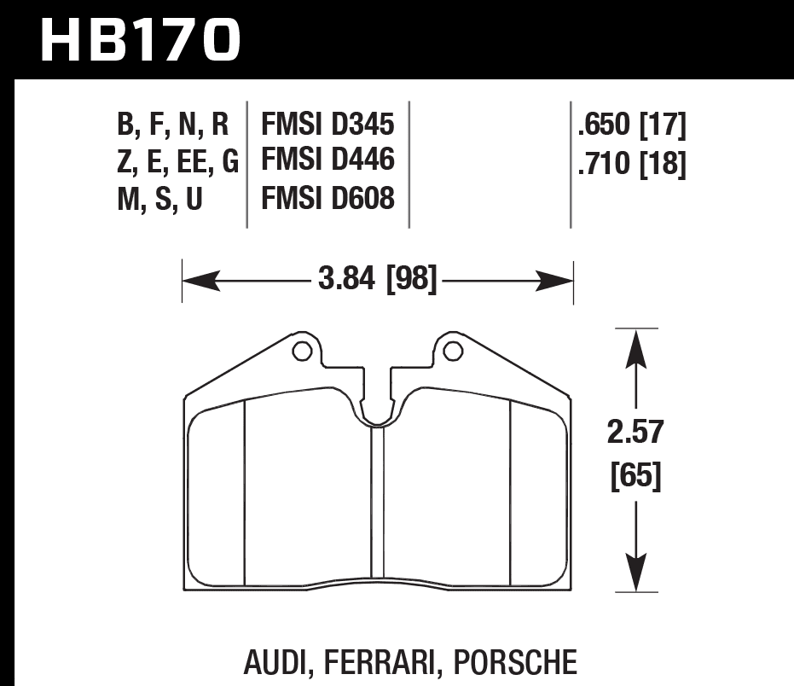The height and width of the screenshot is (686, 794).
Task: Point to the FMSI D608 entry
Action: (327, 199)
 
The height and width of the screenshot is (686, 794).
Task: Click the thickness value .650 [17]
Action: (631, 126)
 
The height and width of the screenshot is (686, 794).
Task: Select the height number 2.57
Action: (635, 433)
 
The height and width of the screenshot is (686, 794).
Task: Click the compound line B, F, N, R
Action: (172, 126)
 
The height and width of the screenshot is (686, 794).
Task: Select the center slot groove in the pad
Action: (377, 503)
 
